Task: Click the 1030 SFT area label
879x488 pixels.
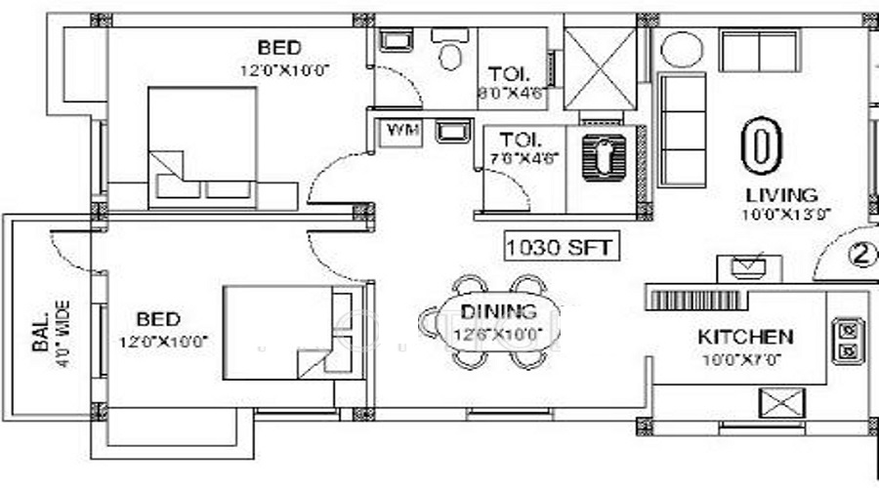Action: (x=561, y=247)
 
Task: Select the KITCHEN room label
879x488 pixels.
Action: (x=744, y=338)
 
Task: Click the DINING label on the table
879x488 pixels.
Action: (x=498, y=313)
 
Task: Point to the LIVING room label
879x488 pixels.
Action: (x=780, y=194)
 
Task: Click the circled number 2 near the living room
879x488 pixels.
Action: (x=859, y=256)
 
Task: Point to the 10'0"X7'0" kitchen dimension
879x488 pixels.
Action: (x=744, y=358)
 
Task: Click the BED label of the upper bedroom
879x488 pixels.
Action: (x=279, y=48)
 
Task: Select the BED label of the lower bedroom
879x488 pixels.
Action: (x=157, y=319)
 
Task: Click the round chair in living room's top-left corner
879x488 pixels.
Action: (x=676, y=50)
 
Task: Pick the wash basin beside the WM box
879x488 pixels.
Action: (x=448, y=130)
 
